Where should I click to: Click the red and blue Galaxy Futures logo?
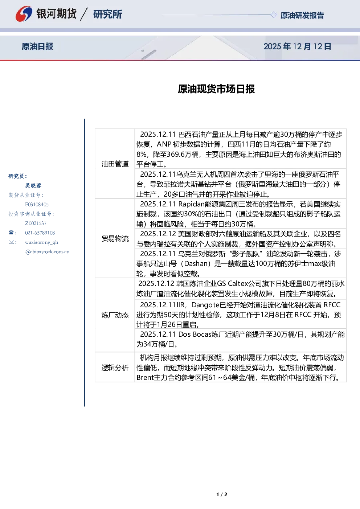pos(24,14)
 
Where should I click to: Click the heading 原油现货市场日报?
pos(216,89)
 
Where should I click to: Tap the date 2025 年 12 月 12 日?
pos(297,46)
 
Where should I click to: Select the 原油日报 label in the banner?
pos(37,46)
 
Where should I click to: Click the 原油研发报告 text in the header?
pos(302,15)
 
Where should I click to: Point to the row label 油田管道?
pos(115,164)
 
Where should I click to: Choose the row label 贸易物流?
pos(115,239)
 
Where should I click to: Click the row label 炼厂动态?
pos(115,315)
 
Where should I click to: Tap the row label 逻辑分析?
pos(115,368)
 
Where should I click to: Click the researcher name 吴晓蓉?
pos(33,185)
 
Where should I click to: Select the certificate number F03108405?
pos(37,205)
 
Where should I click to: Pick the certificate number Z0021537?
pos(36,223)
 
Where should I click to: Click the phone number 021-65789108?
pos(40,233)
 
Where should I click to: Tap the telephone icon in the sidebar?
pos(11,233)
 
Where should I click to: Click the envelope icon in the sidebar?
pos(11,242)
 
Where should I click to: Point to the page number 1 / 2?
pos(222,494)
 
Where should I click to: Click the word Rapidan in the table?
pos(191,204)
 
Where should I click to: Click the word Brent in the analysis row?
pos(145,377)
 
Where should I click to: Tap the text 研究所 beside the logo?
pos(107,14)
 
